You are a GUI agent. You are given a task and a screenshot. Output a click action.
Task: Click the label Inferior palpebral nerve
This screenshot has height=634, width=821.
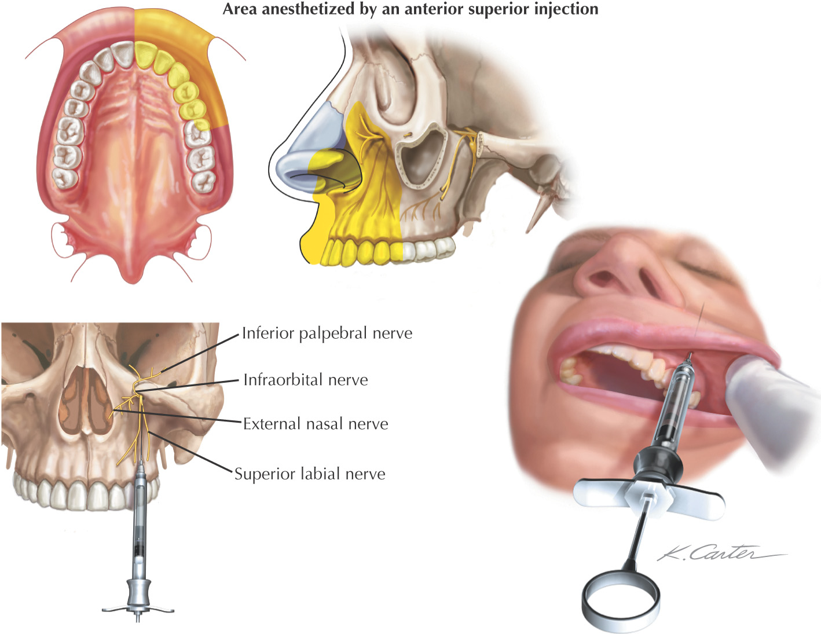pyautogui.click(x=327, y=334)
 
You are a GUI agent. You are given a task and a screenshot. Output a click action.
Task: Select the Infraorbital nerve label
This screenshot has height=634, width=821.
pyautogui.click(x=306, y=380)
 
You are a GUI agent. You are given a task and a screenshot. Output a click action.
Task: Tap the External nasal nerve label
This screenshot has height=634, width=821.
pyautogui.click(x=316, y=424)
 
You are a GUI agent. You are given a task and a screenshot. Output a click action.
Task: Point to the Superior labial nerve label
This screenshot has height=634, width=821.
pyautogui.click(x=310, y=474)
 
